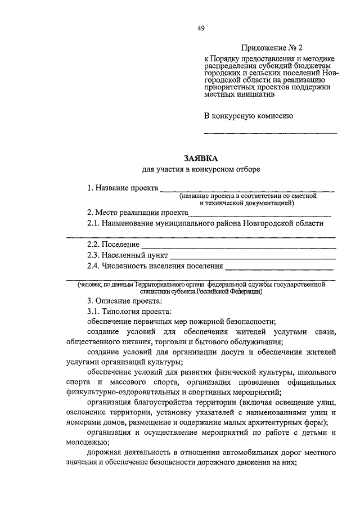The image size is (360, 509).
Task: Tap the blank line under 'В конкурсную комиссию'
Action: click(270, 133)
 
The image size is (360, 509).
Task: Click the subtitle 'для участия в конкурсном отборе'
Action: click(201, 169)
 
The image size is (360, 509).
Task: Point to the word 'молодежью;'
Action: click(85, 443)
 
